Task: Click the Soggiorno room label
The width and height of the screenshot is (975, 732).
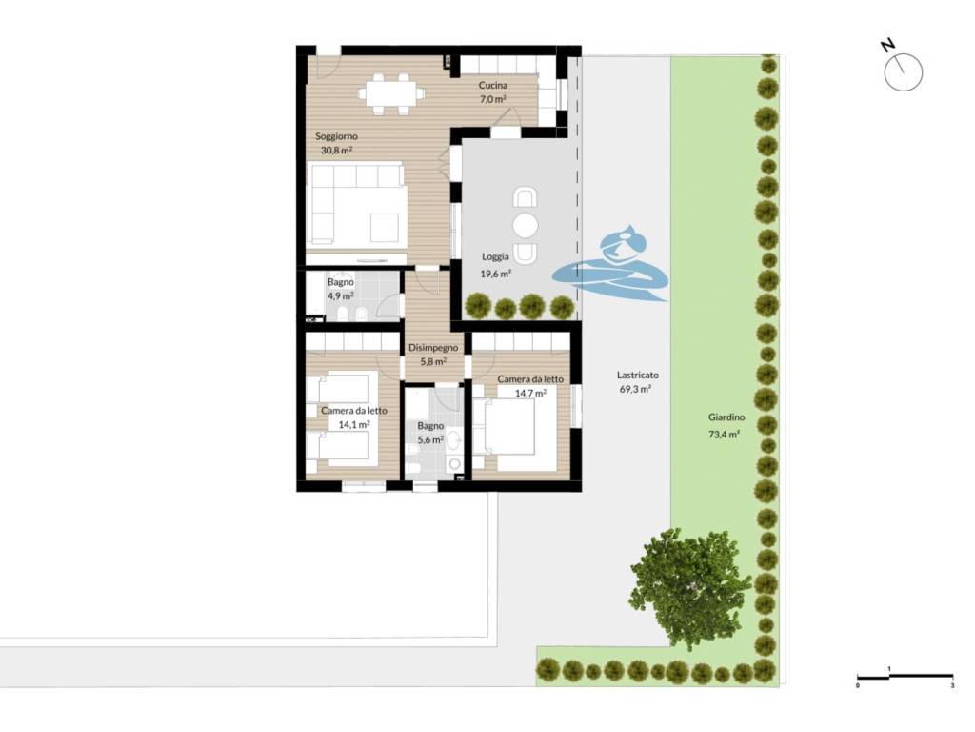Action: point(336,136)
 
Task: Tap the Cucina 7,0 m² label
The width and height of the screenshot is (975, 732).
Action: point(492,91)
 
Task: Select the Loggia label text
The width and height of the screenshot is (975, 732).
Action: point(495,256)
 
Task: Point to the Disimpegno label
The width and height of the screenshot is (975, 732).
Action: point(433,348)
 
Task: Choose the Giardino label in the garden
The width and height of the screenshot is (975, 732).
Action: point(726,417)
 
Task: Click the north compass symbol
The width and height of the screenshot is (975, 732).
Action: point(902,68)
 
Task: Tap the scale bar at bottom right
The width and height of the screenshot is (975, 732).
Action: point(905,677)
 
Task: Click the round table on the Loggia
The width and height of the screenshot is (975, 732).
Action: point(526,225)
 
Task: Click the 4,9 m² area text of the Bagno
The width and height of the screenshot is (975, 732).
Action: point(340,296)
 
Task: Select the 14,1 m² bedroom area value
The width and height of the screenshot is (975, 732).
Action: point(354,425)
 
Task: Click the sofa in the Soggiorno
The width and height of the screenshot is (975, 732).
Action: point(356,203)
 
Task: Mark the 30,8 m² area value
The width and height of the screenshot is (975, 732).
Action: point(336,150)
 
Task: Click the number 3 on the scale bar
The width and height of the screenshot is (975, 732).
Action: point(952,685)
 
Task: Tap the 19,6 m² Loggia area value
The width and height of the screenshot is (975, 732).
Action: point(495,274)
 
